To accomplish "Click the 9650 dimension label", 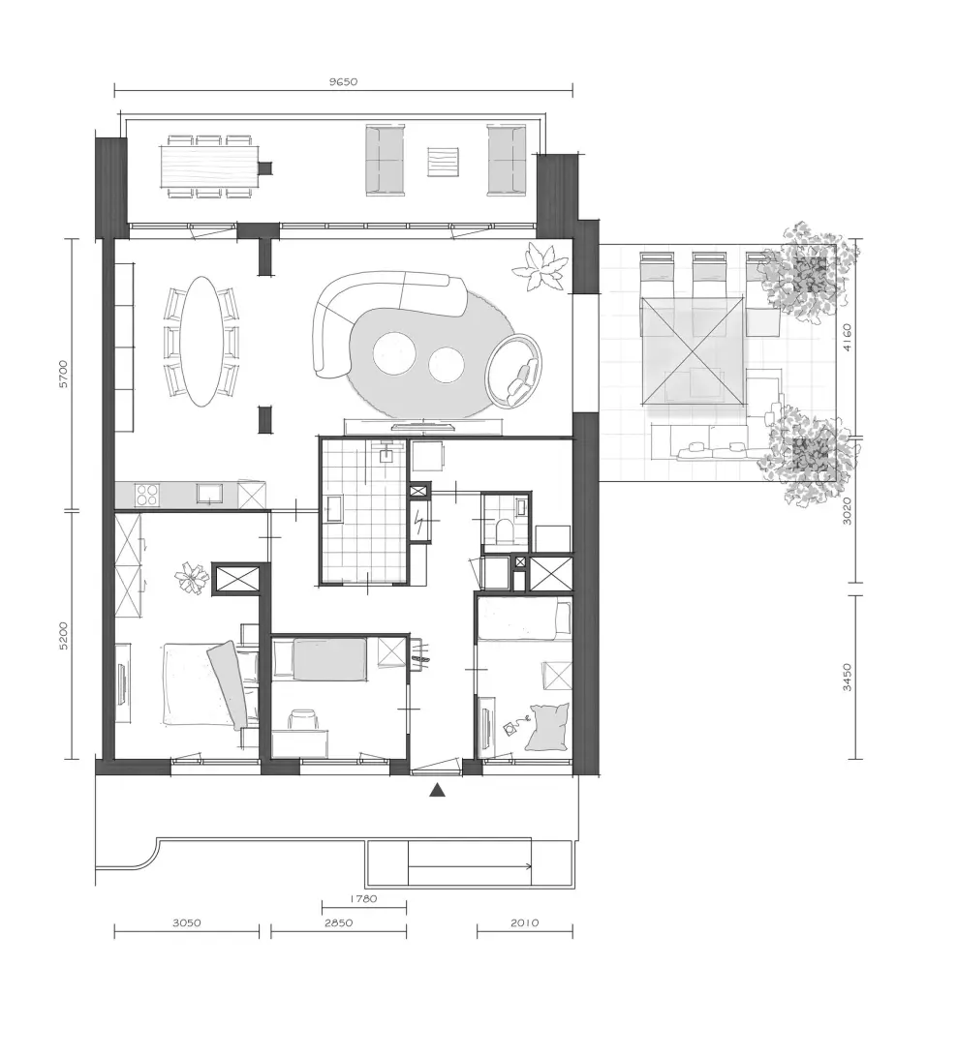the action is tap(343, 82).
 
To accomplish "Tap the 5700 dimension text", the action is tap(63, 374).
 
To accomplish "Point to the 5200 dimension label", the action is tap(63, 636).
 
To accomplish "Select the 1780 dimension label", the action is tap(363, 898).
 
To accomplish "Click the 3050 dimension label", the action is tap(186, 922).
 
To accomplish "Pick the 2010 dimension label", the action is tap(524, 922).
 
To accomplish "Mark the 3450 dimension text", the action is tap(848, 678).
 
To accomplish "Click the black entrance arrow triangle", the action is tap(437, 790).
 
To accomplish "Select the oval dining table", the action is tap(203, 342).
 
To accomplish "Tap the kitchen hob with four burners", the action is tap(147, 495).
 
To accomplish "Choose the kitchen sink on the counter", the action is tap(210, 494).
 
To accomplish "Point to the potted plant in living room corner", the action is tap(540, 267).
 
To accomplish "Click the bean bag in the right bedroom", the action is tap(548, 727).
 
